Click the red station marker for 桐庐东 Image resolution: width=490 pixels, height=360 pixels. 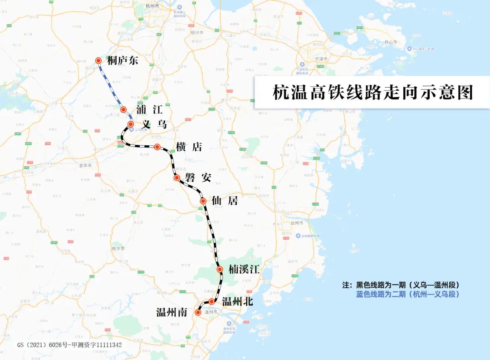(98, 60)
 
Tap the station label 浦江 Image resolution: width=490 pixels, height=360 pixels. (149, 109)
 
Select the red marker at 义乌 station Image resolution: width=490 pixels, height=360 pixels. (130, 124)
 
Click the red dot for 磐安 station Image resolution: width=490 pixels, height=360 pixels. (176, 178)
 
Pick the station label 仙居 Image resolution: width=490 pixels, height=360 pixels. (225, 201)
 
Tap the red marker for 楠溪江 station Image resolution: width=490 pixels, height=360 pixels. (220, 269)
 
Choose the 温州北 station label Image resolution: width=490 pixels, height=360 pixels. (237, 302)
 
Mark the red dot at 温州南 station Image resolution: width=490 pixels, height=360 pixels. (197, 312)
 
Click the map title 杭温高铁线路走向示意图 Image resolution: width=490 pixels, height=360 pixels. (372, 92)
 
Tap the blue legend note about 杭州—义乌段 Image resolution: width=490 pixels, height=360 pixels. (407, 294)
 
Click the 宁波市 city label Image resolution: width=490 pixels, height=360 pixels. (321, 59)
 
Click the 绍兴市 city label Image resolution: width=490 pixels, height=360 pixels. (197, 33)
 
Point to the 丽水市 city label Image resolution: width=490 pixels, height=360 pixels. (119, 249)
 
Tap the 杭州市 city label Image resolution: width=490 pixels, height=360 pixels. (152, 6)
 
